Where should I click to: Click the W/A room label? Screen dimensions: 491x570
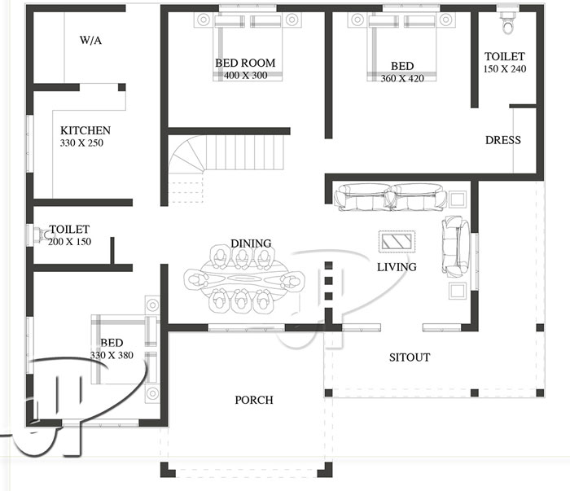coord(90,39)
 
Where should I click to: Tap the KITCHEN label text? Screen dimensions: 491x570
coord(85,130)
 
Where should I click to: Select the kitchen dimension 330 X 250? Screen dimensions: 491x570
coord(82,143)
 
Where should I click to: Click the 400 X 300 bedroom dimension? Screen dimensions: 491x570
coord(245,76)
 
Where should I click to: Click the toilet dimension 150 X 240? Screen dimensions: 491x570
coord(505,69)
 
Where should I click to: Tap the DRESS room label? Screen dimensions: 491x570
coord(502,140)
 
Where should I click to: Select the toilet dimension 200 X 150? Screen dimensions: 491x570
coord(69,243)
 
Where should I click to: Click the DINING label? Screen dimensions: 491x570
coord(251,243)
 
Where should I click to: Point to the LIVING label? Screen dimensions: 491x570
coord(397,266)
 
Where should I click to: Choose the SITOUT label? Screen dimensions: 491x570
coord(409,357)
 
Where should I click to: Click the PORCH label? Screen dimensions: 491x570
coord(254,400)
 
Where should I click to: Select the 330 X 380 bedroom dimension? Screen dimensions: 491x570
coord(112,355)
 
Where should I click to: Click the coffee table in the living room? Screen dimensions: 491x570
coord(397,242)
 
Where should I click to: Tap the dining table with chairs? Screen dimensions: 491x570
coord(242,279)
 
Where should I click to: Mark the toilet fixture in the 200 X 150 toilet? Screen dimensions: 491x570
coord(40,235)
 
